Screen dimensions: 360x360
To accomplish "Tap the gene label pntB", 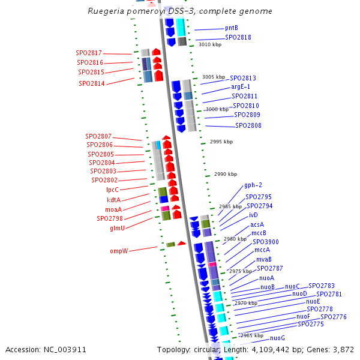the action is (x=231, y=28).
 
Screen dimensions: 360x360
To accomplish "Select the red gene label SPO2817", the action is (x=89, y=53).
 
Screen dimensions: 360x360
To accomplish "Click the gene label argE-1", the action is (x=241, y=87).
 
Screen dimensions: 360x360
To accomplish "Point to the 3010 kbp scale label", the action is (x=210, y=45).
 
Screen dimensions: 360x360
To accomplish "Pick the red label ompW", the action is (x=119, y=251).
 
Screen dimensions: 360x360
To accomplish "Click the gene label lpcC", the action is (x=112, y=190).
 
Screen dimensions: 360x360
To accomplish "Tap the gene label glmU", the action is (x=117, y=229).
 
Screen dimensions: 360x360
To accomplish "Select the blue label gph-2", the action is (x=253, y=185).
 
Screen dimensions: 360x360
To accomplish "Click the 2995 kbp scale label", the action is (x=221, y=142).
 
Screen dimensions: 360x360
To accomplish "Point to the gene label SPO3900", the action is (x=265, y=242).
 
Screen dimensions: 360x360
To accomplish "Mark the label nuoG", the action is (x=277, y=338).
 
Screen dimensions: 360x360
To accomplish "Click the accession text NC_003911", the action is (x=46, y=349).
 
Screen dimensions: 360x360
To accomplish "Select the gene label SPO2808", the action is (x=248, y=126).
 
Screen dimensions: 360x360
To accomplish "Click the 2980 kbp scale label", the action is (x=235, y=239).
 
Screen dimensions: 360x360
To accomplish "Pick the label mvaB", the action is (x=264, y=259).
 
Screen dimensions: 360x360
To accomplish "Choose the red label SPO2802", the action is (x=104, y=180).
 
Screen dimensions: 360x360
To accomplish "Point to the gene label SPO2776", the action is (x=333, y=317).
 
